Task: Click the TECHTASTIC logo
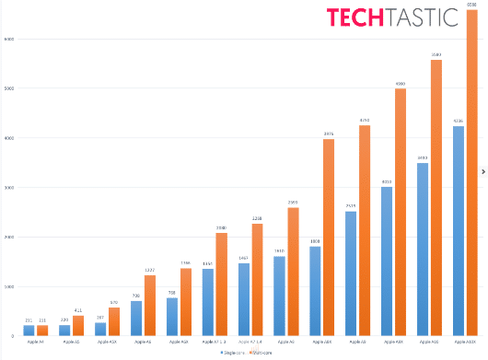coord(379,17)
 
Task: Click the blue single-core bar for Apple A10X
coord(459,230)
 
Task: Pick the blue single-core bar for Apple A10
coord(423,249)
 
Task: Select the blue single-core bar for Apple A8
coord(279,296)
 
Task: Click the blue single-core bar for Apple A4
coord(29,330)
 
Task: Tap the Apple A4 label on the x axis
coord(35,342)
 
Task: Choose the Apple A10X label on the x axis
coord(466,342)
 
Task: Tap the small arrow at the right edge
coord(483,170)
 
